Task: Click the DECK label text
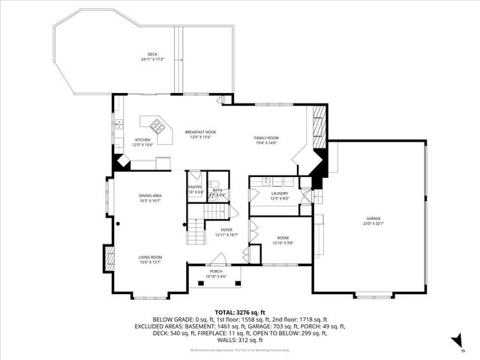pyautogui.click(x=152, y=55)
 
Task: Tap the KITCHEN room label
pyautogui.click(x=142, y=140)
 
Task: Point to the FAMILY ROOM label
pyautogui.click(x=266, y=138)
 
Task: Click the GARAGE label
pyautogui.click(x=373, y=218)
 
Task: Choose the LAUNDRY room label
pyautogui.click(x=280, y=193)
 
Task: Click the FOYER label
pyautogui.click(x=226, y=229)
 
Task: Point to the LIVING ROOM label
pyautogui.click(x=150, y=257)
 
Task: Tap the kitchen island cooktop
pyautogui.click(x=159, y=127)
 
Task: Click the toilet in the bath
pyautogui.click(x=214, y=184)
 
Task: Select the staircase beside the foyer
pyautogui.click(x=196, y=227)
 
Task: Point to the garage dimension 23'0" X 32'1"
pyautogui.click(x=373, y=223)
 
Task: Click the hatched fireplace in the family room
pyautogui.click(x=318, y=124)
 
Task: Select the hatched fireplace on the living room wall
pyautogui.click(x=111, y=259)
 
